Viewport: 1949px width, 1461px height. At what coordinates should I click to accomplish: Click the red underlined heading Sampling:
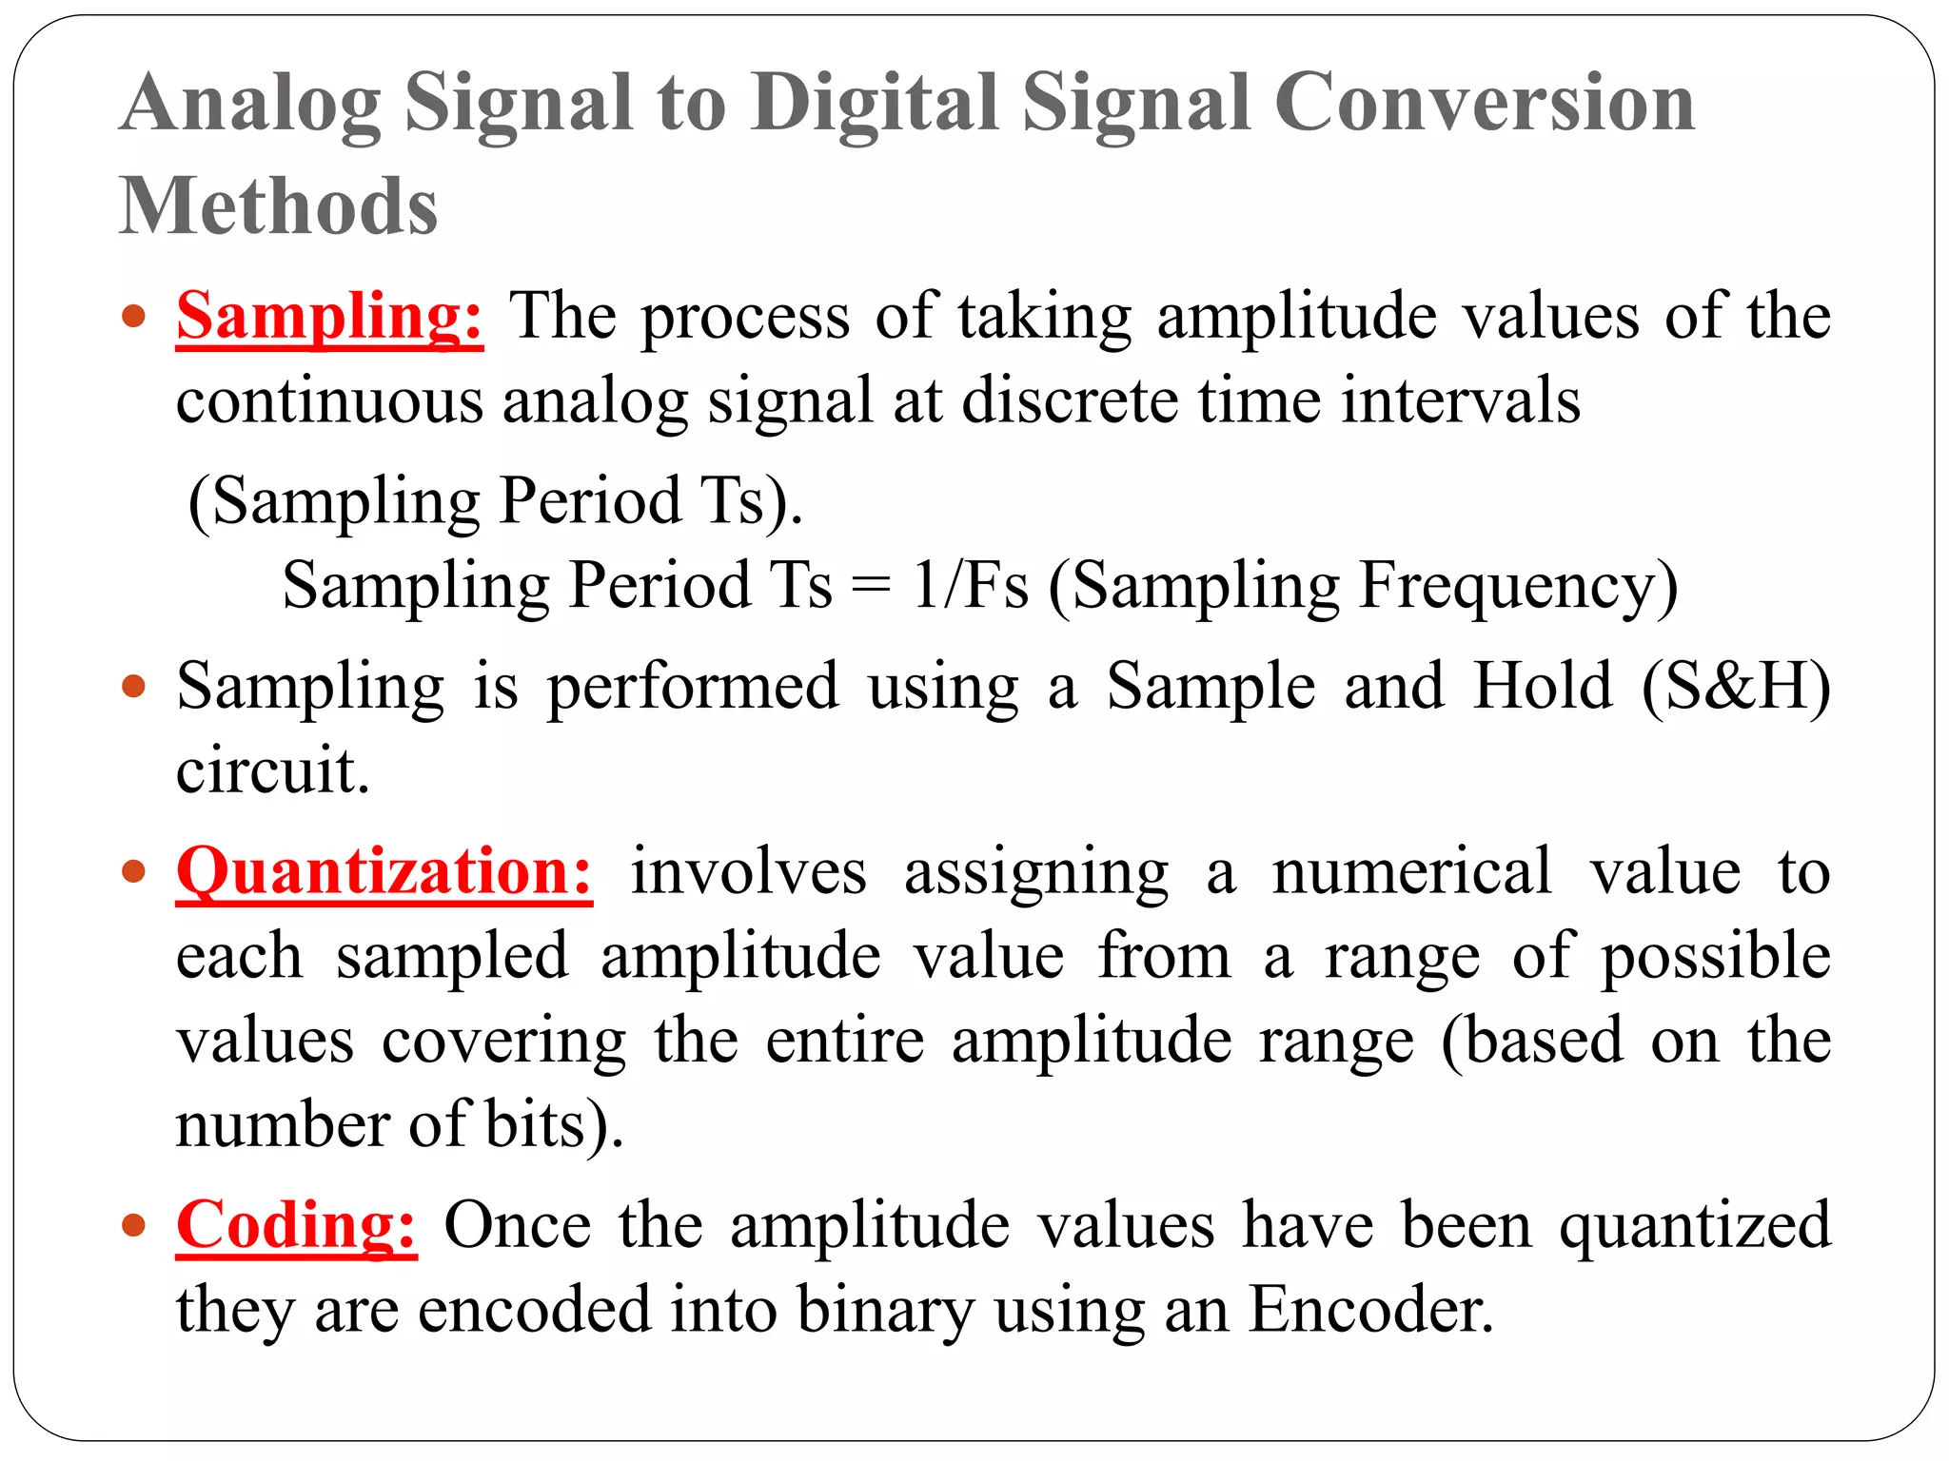click(x=329, y=317)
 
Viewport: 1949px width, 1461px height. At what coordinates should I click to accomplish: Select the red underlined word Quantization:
click(x=384, y=872)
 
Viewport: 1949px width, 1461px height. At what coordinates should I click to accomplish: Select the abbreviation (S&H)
click(x=1736, y=687)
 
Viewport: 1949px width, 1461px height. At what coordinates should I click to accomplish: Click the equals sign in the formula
click(x=871, y=586)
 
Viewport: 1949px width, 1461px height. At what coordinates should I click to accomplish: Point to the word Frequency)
click(x=1519, y=586)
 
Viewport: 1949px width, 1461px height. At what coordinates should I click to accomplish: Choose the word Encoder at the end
click(x=1369, y=1311)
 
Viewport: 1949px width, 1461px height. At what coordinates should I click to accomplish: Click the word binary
click(x=884, y=1311)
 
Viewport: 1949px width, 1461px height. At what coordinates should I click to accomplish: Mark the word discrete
click(x=1069, y=401)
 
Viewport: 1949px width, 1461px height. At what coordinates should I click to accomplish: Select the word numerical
click(x=1412, y=872)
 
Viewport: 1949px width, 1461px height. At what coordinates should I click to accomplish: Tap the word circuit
click(x=272, y=770)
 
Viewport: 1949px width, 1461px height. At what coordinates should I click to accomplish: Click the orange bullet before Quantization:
click(x=134, y=871)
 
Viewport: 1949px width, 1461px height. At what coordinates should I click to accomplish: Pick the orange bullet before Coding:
click(x=134, y=1224)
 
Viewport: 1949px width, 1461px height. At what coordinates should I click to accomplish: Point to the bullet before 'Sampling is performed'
click(x=134, y=686)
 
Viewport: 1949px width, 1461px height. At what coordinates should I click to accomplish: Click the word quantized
click(x=1694, y=1227)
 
